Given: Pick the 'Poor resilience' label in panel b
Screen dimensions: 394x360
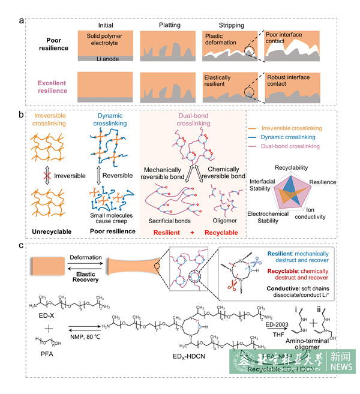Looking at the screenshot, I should (111, 214).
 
